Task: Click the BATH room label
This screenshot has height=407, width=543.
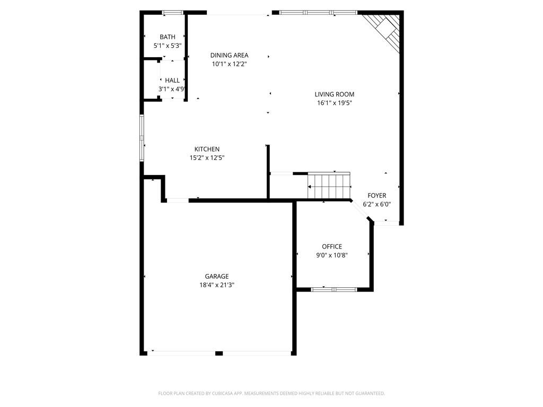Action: [168, 37]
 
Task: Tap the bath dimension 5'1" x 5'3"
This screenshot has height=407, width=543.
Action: [168, 46]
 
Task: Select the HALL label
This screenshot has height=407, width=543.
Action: [172, 81]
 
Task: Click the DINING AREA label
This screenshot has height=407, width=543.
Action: [229, 55]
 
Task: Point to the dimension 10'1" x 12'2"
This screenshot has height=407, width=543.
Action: [229, 64]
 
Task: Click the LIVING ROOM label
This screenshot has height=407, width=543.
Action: [334, 94]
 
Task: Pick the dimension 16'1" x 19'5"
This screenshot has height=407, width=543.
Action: [334, 103]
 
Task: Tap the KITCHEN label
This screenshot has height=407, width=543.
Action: [207, 149]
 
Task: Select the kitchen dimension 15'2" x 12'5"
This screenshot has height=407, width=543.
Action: [207, 158]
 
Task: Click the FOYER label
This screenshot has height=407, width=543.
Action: [377, 196]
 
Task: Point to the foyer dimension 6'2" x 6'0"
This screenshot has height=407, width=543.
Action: [377, 204]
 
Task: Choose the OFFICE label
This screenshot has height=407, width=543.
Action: [332, 246]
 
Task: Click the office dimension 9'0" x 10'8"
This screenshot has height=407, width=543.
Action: [332, 255]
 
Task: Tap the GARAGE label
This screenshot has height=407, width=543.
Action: [217, 276]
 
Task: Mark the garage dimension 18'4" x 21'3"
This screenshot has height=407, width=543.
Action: [217, 285]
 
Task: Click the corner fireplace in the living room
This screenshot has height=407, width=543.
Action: [384, 30]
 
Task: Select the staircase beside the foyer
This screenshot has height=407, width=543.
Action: [329, 187]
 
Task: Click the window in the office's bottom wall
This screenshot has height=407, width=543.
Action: [334, 289]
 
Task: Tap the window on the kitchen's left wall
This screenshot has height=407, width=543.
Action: [142, 137]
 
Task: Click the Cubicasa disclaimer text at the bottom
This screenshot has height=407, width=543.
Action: [271, 393]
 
